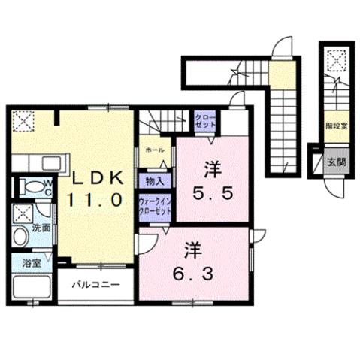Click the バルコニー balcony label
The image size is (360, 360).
(x=95, y=286)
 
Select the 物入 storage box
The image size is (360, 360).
(x=155, y=180)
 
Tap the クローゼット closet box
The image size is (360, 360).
(x=203, y=120)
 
